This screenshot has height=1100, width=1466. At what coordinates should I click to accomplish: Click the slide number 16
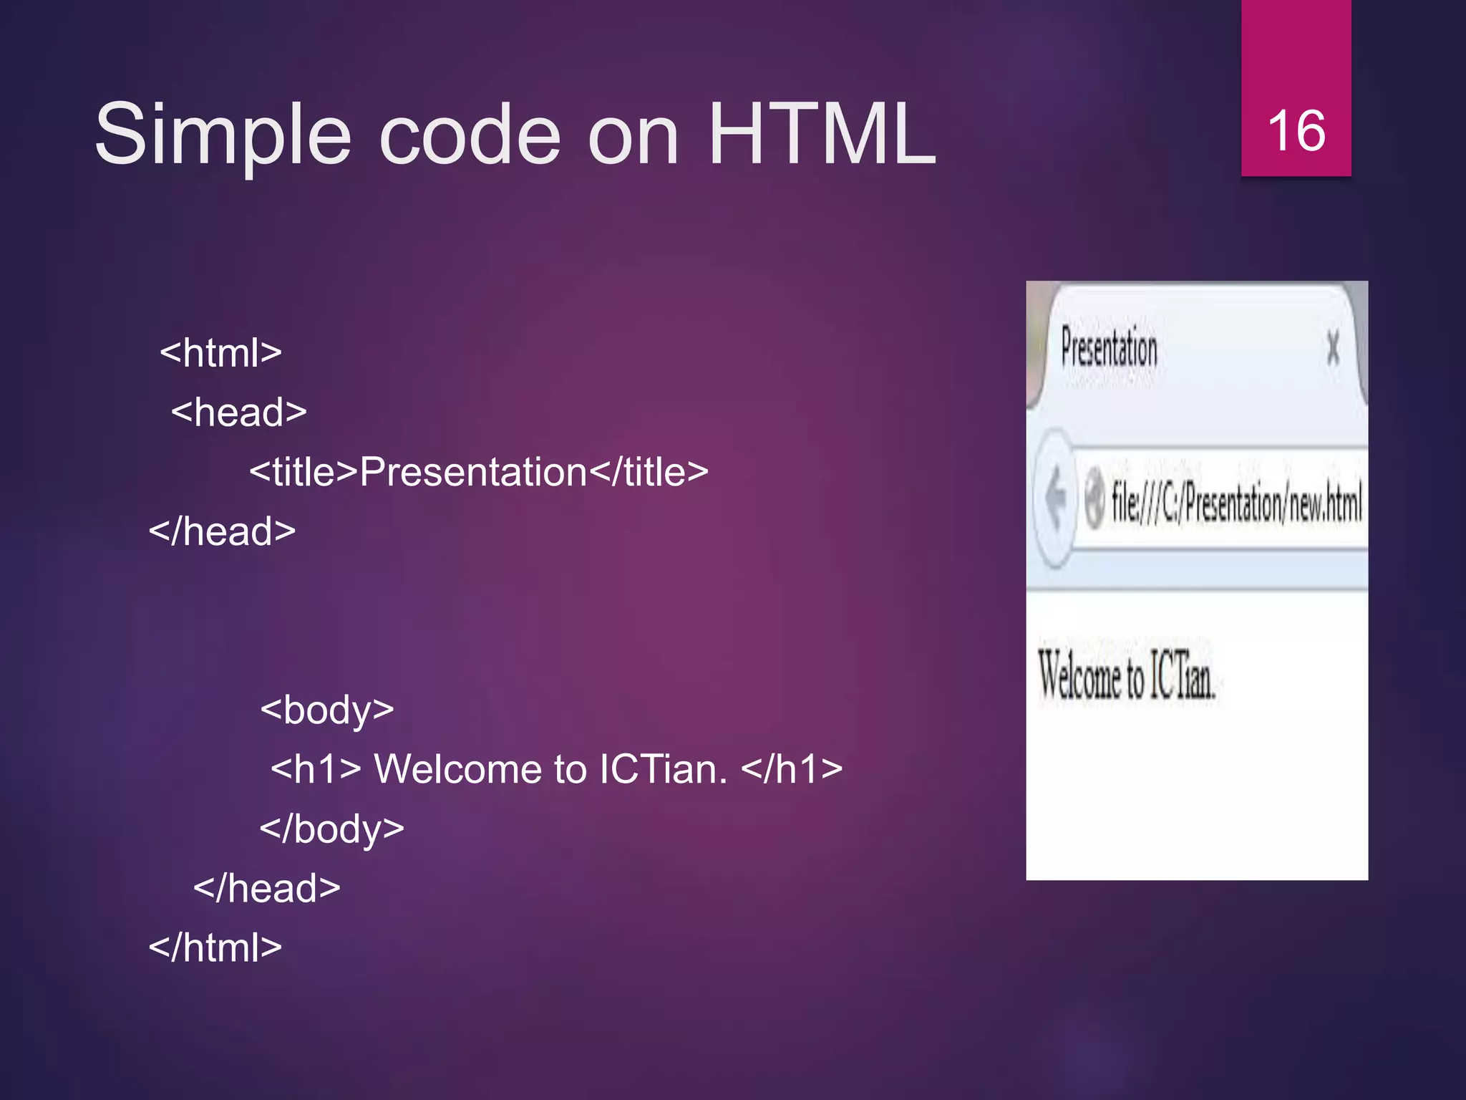point(1296,132)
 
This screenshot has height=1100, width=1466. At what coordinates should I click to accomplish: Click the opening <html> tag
point(221,352)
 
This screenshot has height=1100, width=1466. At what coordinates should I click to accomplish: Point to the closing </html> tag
point(215,947)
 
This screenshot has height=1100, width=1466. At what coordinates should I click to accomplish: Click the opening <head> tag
point(239,412)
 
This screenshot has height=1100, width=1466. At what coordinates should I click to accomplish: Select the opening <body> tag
point(327,710)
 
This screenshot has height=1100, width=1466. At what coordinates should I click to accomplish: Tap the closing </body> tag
point(332,829)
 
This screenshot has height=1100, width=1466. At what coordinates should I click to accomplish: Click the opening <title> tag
point(304,472)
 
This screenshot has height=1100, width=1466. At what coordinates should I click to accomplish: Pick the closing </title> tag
point(649,472)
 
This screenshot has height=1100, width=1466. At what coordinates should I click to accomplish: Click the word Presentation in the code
point(473,472)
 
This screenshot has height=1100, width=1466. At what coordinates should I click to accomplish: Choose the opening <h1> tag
point(316,769)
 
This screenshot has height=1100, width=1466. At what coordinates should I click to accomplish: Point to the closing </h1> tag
point(792,769)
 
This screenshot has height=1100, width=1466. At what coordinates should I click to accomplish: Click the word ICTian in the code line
point(661,769)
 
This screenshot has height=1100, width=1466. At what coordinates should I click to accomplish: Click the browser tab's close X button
point(1333,349)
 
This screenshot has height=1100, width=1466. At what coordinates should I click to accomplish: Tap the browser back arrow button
point(1054,498)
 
